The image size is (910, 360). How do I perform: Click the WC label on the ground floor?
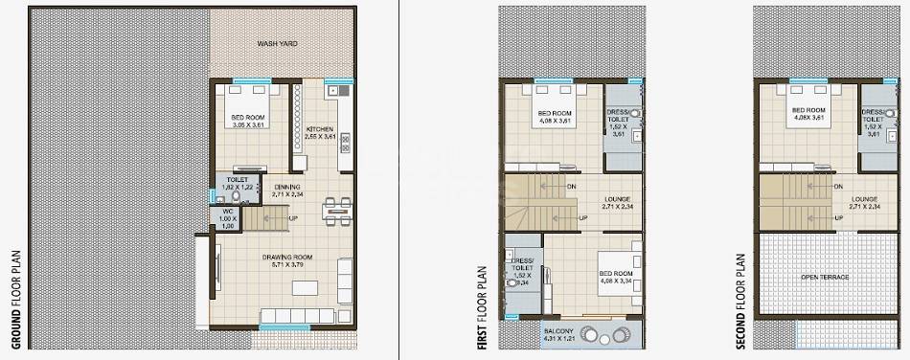coord(228,212)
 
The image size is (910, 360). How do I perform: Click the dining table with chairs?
coord(334,210)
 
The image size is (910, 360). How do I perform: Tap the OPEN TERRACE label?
coord(826,277)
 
